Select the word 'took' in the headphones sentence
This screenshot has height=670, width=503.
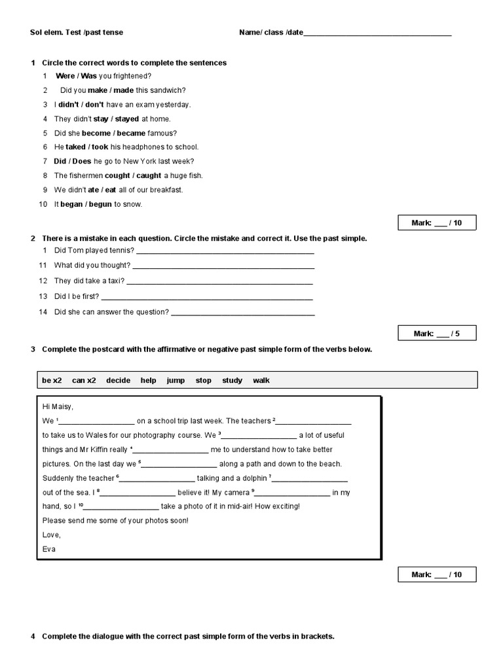(x=100, y=147)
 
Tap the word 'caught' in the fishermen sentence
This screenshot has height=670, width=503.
(x=149, y=175)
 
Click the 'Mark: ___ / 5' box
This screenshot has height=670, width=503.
(x=437, y=334)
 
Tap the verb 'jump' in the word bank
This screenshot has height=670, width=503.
(x=176, y=380)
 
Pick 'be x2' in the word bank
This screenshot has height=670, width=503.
(x=52, y=380)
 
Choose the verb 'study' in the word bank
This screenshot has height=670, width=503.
(x=232, y=380)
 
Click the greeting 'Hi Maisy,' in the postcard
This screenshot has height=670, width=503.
(x=58, y=406)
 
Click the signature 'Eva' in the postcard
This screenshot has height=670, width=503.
(x=49, y=549)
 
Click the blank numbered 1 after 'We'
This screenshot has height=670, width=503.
(x=96, y=421)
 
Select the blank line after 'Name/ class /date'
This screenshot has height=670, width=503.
(x=377, y=33)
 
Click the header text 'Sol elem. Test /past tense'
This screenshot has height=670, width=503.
(x=77, y=32)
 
